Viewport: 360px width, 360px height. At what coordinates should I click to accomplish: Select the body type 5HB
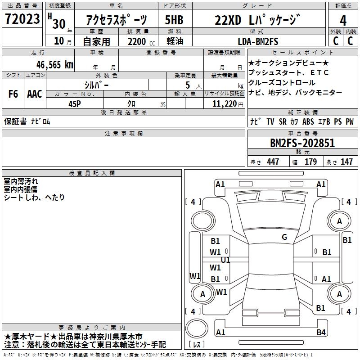[x=173, y=21]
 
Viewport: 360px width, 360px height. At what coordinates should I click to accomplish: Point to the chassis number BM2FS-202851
[x=302, y=143]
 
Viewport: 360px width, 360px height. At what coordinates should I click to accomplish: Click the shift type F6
[x=13, y=94]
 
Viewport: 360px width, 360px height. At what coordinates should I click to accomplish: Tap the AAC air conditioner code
[x=35, y=94]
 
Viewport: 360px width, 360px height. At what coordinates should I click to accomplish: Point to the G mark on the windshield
[x=284, y=237]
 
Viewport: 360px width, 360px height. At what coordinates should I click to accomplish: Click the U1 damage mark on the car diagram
[x=225, y=260]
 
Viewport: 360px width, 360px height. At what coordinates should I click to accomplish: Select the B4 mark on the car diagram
[x=321, y=333]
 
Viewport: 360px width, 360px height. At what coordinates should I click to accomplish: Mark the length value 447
[x=272, y=162]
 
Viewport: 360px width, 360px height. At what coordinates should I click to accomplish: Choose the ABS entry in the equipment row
[x=308, y=122]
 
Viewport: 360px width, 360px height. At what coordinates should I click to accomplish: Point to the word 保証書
[x=15, y=122]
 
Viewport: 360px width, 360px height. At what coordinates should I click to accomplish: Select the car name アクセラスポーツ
[x=116, y=21]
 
